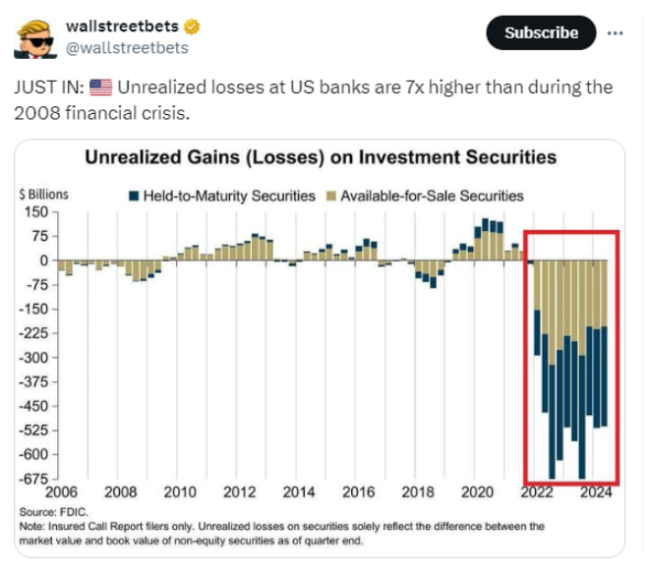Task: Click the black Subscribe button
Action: tap(541, 33)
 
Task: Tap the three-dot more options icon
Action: tap(617, 32)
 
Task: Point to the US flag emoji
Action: tap(101, 88)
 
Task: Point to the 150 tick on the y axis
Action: tap(34, 211)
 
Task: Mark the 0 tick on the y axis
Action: tap(42, 260)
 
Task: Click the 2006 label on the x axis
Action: tap(61, 491)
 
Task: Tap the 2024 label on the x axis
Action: tap(596, 491)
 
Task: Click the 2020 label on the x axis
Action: tap(477, 491)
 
